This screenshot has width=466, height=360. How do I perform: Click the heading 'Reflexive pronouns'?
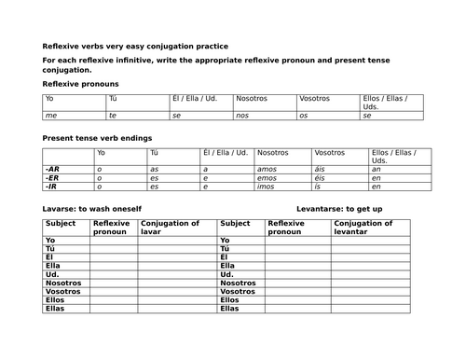[x=80, y=83]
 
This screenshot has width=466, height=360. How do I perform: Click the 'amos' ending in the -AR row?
[x=267, y=169]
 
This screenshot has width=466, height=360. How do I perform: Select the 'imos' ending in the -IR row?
[x=267, y=186]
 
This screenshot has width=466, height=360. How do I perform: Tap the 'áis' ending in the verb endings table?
[x=321, y=169]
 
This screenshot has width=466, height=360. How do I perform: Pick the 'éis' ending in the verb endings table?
[x=321, y=177]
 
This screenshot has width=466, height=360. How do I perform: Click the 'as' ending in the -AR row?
[x=155, y=169]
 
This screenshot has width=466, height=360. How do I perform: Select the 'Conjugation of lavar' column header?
[x=170, y=228]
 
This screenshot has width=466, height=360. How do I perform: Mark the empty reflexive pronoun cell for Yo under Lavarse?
[x=113, y=241]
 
